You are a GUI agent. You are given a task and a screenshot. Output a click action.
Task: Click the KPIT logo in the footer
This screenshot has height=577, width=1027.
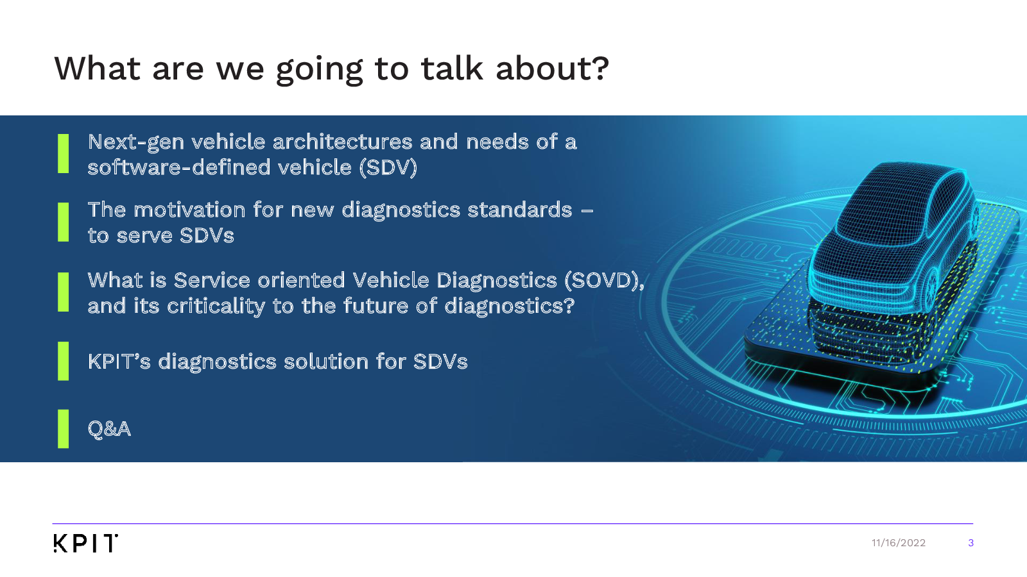86,543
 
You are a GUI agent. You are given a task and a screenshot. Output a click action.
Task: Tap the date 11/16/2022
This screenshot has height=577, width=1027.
898,542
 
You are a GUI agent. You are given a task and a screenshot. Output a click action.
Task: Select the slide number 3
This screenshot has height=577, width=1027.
971,542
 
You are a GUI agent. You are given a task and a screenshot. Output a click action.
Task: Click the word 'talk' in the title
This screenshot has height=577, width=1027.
452,69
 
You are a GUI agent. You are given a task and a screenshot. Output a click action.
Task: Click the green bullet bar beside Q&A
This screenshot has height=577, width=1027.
64,429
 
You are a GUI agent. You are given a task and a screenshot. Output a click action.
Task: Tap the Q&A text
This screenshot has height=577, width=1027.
109,429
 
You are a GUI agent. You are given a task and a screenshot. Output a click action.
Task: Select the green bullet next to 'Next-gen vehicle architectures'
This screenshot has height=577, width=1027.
64,153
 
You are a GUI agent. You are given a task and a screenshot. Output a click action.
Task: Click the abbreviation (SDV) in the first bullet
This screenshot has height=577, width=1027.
388,167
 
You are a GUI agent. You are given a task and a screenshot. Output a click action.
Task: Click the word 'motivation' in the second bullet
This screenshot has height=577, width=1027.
189,210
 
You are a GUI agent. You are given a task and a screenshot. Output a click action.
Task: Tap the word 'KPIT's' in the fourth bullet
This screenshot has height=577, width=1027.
119,362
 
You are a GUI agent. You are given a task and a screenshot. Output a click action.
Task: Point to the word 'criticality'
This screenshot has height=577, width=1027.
216,306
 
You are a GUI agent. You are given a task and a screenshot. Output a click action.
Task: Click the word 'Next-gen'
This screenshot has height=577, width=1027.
135,142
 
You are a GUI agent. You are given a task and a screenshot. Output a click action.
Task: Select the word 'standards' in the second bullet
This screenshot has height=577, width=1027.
520,210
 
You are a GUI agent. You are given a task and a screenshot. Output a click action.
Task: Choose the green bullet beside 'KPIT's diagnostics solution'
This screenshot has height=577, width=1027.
64,361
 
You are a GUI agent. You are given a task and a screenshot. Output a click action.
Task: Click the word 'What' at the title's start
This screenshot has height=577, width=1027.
97,69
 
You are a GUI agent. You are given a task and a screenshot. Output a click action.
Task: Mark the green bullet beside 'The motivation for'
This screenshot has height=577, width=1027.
64,222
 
